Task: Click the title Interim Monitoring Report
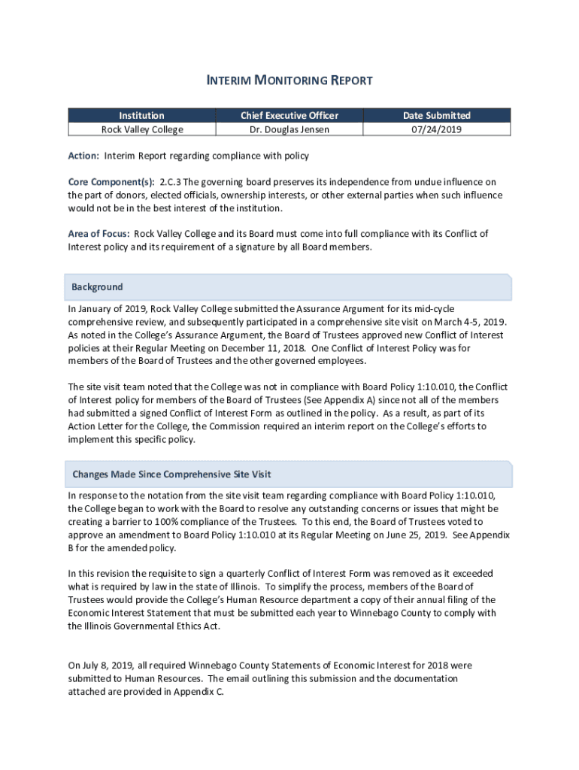(x=289, y=80)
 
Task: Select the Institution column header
(x=142, y=115)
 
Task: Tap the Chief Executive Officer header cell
(x=289, y=115)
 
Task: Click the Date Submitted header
(x=437, y=115)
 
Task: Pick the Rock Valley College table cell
(x=142, y=129)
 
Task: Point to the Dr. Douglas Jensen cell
(x=289, y=129)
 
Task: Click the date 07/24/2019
(x=437, y=129)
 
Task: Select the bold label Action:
(x=83, y=156)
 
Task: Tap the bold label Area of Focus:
(x=99, y=233)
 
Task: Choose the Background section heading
(x=97, y=287)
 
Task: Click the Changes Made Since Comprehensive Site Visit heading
(x=171, y=474)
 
